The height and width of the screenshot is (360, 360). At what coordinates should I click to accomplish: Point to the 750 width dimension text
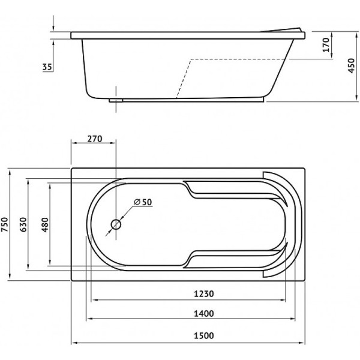click(x=5, y=223)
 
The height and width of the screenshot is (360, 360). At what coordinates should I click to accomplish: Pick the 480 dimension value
click(x=44, y=223)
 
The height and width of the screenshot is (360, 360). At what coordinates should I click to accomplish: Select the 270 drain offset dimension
click(x=94, y=139)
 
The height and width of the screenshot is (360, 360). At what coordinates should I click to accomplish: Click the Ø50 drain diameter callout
click(x=143, y=202)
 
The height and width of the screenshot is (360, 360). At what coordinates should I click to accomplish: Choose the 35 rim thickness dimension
click(x=47, y=67)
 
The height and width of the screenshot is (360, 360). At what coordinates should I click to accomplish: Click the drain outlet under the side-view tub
click(x=117, y=100)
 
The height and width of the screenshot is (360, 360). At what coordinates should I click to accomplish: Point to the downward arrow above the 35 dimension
click(x=54, y=28)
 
